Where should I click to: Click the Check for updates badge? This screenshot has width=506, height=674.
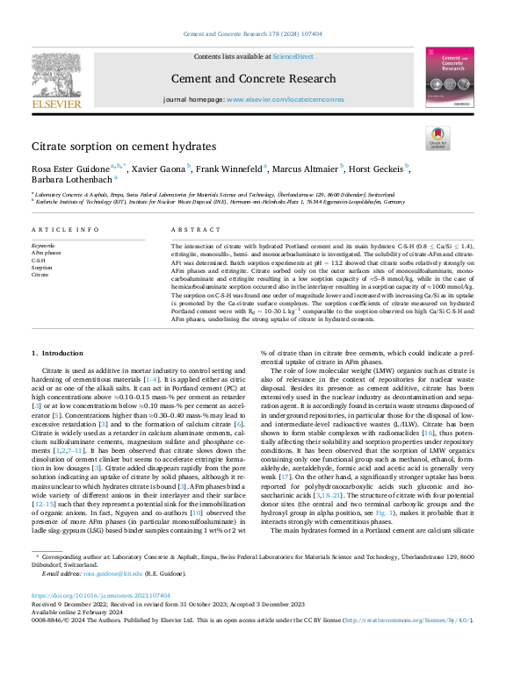point(437,138)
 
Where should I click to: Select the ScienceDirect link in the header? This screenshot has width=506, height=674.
point(293,56)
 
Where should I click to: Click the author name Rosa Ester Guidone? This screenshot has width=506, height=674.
point(70,168)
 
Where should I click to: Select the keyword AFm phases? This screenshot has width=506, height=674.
point(47,253)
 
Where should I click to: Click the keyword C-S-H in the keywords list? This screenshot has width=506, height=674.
point(39,260)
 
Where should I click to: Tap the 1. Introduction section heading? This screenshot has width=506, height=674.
point(58,353)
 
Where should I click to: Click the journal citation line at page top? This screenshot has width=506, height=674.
point(252,33)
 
